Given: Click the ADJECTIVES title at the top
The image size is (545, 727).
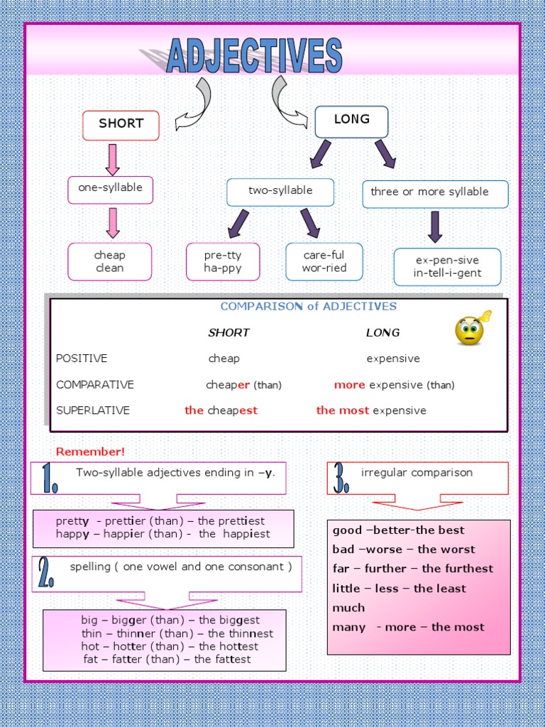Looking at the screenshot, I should click(x=254, y=57).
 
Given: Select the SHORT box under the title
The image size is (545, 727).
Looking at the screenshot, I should click(x=121, y=125).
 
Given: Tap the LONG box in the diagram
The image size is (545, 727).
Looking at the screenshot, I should click(x=351, y=121).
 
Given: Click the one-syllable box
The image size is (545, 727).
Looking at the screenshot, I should click(x=110, y=189).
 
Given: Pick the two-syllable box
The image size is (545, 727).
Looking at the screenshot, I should click(x=280, y=192).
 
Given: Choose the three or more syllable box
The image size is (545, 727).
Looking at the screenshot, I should click(x=435, y=193).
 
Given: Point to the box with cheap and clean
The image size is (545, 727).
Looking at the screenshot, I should click(x=109, y=261).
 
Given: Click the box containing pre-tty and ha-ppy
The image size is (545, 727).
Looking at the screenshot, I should click(x=223, y=261).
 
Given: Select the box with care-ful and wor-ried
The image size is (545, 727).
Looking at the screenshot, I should click(x=324, y=261).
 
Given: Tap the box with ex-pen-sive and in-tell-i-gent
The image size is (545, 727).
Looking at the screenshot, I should click(x=447, y=267).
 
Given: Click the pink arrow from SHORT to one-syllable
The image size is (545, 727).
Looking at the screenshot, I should click(x=112, y=159).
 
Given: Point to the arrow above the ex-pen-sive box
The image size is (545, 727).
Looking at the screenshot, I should click(x=435, y=226).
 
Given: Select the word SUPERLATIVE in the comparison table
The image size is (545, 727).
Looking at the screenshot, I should click(x=93, y=410).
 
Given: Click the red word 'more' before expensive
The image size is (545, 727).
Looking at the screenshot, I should click(x=349, y=385).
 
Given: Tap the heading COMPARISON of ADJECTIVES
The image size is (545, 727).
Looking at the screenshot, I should click(x=309, y=307).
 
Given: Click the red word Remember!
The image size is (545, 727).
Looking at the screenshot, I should click(x=90, y=452).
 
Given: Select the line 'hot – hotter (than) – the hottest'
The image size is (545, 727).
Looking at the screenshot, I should click(x=170, y=647).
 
